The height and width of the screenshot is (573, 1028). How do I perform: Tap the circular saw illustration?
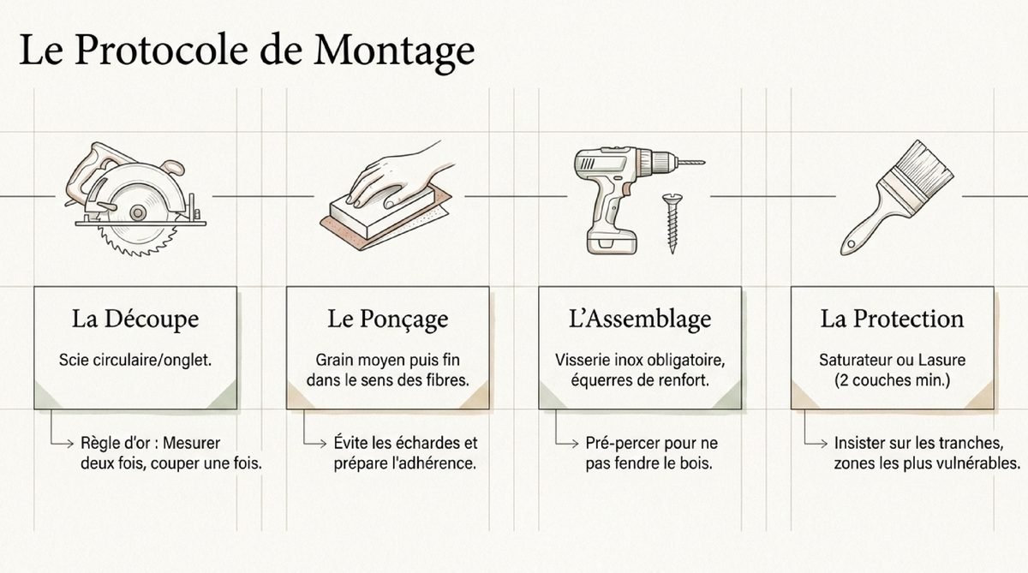[136, 198]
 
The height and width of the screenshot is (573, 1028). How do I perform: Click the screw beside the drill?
[672, 224]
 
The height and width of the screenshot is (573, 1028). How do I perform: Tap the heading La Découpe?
[135, 319]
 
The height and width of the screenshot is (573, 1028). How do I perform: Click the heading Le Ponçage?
[388, 319]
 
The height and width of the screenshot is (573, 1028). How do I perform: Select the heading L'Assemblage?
[640, 319]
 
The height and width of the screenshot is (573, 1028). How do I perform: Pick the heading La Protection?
[892, 319]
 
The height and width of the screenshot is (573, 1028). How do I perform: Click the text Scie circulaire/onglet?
[135, 360]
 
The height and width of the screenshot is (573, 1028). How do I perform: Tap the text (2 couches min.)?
[892, 380]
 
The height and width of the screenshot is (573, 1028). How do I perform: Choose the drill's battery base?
[613, 241]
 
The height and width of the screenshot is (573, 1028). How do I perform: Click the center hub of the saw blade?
[137, 212]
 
